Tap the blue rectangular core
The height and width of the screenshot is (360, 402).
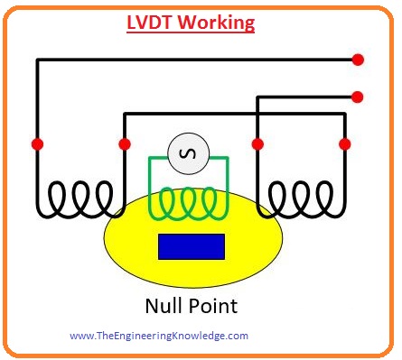click(192, 246)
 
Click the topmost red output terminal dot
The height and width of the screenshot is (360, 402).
click(358, 60)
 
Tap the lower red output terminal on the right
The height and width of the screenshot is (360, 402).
click(358, 96)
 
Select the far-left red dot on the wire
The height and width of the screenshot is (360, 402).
click(37, 143)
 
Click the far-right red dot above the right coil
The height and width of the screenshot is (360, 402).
click(344, 143)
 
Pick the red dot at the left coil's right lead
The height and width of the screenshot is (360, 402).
click(124, 143)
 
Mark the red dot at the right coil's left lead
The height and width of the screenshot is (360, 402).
click(257, 143)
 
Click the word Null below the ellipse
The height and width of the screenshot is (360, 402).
click(165, 306)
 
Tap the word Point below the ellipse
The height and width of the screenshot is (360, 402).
click(215, 306)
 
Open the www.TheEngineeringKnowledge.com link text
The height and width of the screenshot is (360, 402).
click(158, 336)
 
